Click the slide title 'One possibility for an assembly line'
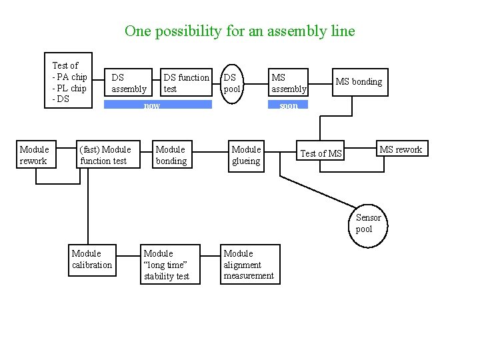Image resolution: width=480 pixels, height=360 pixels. pos(239,31)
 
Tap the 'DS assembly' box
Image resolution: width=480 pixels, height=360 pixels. pos(129,83)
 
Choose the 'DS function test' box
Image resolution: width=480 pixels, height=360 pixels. pos(186,83)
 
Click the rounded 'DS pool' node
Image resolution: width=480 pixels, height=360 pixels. pos(232,83)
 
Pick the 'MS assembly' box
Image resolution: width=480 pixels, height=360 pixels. pos(288,83)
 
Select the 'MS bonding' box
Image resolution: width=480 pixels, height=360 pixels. pos(359,82)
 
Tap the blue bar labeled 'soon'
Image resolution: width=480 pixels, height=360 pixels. pos(288,105)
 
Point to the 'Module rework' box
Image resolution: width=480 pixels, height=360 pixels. pos(35,155)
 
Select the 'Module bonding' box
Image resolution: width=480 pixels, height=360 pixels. pos(171,155)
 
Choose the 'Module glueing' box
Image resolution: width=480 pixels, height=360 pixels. pos(246,155)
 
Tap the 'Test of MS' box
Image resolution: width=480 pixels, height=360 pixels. pos(321,154)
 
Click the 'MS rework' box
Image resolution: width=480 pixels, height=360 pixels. pos(400,149)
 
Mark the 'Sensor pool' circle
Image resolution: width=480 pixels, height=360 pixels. pos(368,224)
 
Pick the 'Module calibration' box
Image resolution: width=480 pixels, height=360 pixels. pos(92,259)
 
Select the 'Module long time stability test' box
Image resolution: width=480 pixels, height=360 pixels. pos(167,265)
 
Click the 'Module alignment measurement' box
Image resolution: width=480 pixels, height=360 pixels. pos(249,265)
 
